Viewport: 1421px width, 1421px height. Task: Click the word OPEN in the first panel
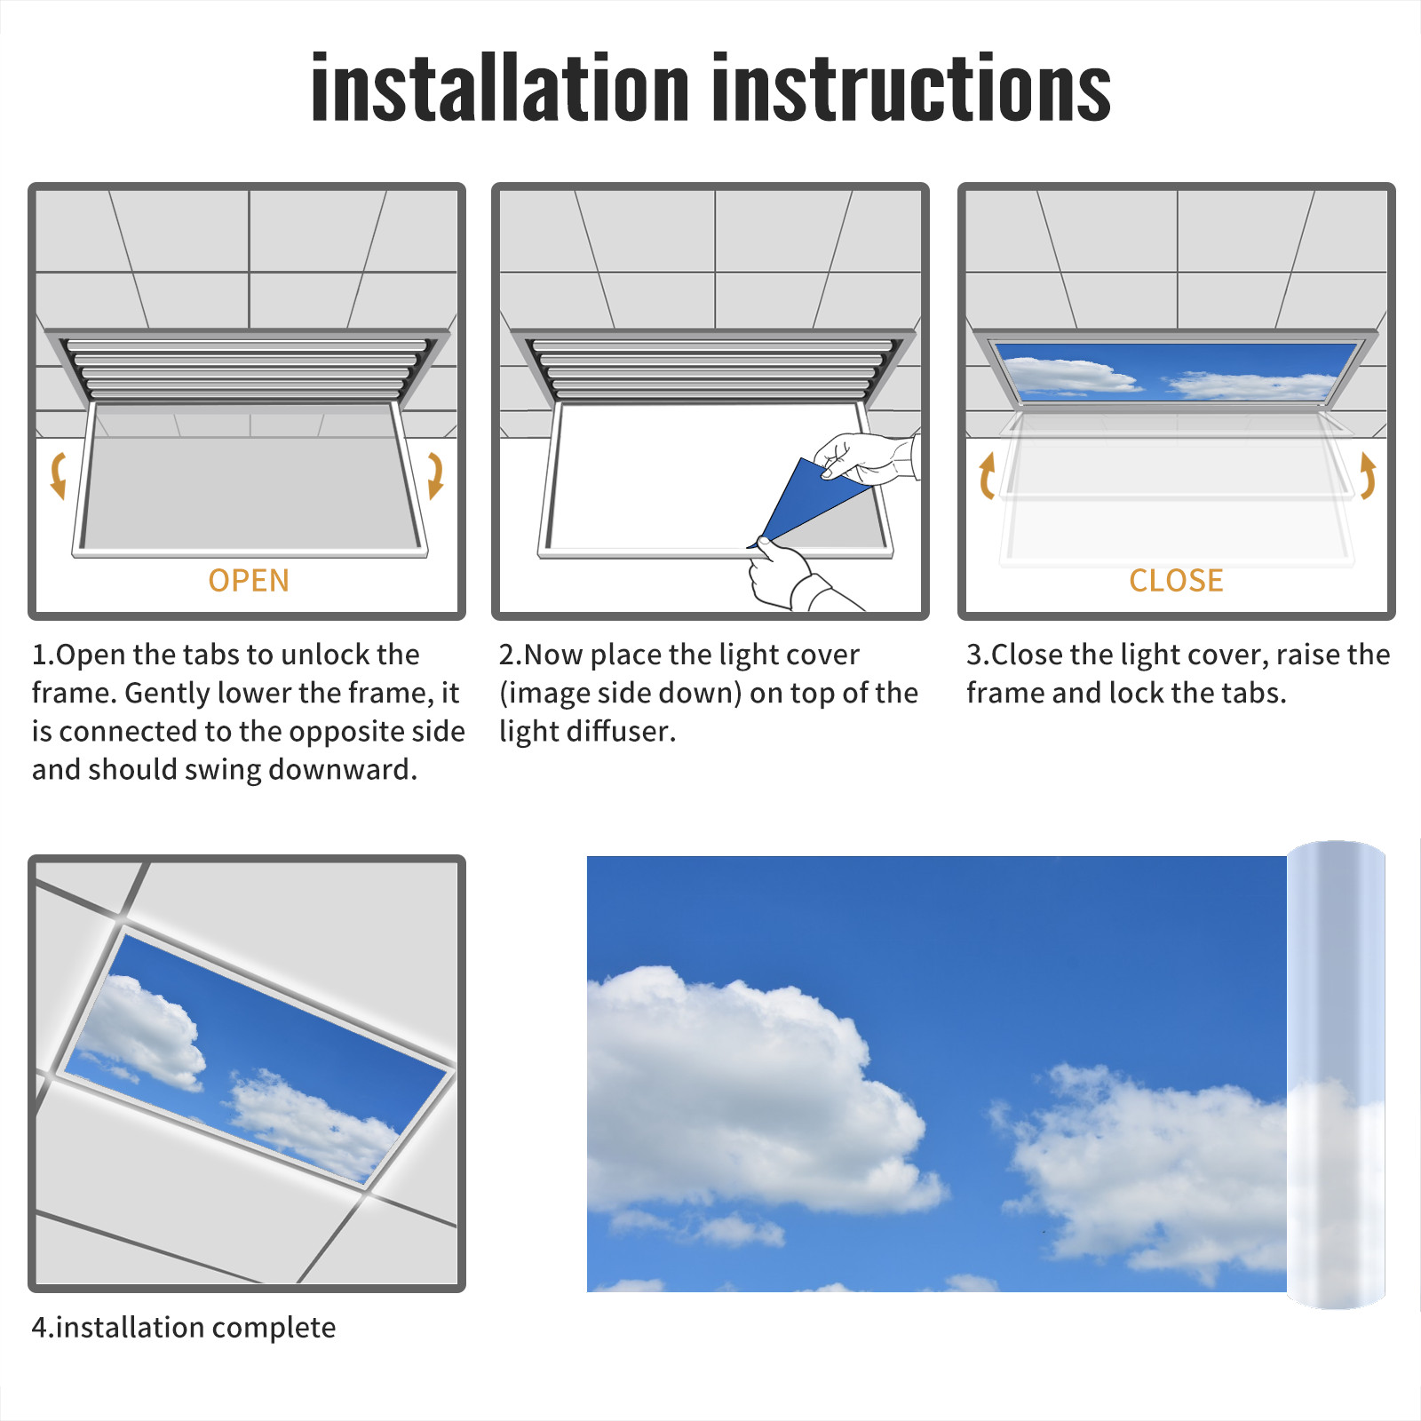[249, 581]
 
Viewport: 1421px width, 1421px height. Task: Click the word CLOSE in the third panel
[1176, 581]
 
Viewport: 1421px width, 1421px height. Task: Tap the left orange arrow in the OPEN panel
[59, 475]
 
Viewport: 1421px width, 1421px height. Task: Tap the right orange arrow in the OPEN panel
[435, 475]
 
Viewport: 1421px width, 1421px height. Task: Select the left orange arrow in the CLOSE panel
[987, 475]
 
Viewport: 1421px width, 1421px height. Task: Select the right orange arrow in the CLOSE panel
[1368, 475]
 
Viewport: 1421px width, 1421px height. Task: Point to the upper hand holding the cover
[867, 457]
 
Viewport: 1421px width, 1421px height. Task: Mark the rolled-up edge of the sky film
[1336, 1075]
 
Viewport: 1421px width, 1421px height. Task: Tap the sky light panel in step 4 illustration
[253, 1057]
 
